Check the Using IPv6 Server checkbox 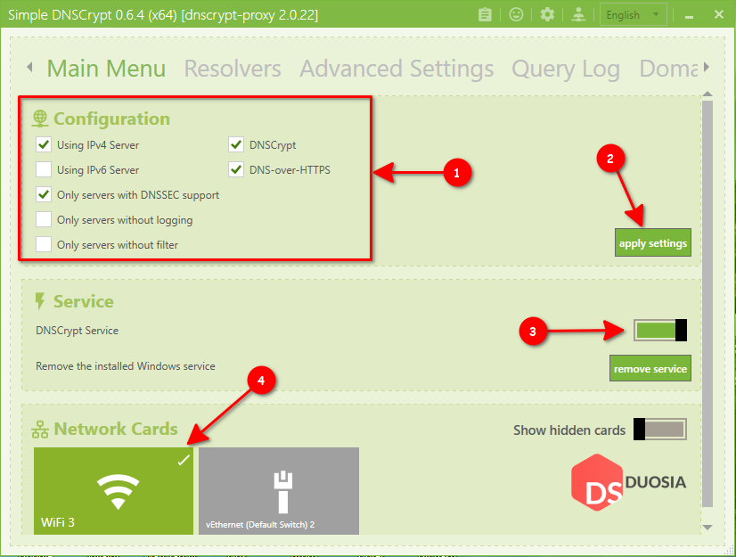(x=44, y=169)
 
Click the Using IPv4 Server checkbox (x=44, y=144)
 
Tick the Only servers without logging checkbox (x=44, y=219)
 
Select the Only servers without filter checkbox (x=44, y=244)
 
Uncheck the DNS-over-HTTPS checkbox (x=236, y=169)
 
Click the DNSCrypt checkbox (x=236, y=144)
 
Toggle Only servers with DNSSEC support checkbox (x=44, y=194)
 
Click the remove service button (x=650, y=368)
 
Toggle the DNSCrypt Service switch (x=660, y=331)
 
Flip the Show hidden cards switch (x=660, y=430)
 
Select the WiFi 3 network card (x=113, y=491)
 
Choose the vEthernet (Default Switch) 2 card (x=279, y=491)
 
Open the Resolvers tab (x=233, y=69)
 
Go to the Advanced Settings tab (x=397, y=69)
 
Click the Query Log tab (x=565, y=69)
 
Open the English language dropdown (x=634, y=14)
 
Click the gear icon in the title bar (x=547, y=14)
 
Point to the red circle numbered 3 (x=533, y=331)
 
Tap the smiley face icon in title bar (x=516, y=14)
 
